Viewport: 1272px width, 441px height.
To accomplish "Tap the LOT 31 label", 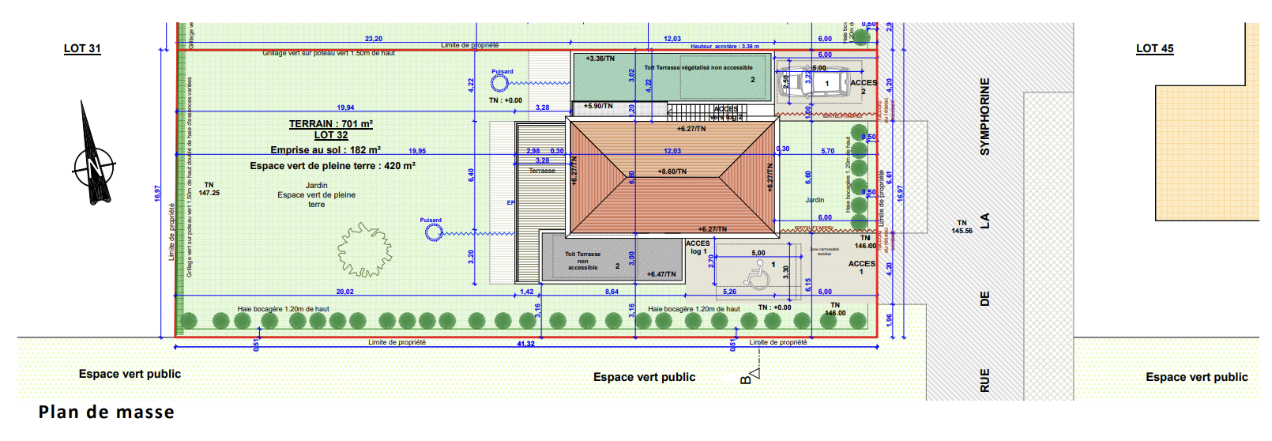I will pyautogui.click(x=82, y=48).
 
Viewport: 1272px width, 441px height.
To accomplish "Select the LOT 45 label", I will pyautogui.click(x=1154, y=48).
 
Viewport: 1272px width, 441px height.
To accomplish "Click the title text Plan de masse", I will pyautogui.click(x=106, y=412).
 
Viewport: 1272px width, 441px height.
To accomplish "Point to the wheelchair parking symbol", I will pyautogui.click(x=758, y=274).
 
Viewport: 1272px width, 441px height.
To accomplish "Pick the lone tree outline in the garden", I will pyautogui.click(x=364, y=250).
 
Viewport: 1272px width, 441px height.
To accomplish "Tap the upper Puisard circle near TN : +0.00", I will pyautogui.click(x=499, y=83).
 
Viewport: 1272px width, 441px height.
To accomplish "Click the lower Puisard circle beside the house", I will pyautogui.click(x=433, y=232).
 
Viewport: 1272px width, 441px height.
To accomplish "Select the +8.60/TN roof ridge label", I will pyautogui.click(x=672, y=171).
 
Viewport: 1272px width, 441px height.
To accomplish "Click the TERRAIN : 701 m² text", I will pyautogui.click(x=330, y=124).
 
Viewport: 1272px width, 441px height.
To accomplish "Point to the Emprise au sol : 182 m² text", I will pyautogui.click(x=326, y=150).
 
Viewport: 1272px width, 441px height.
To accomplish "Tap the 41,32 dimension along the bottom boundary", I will pyautogui.click(x=525, y=344).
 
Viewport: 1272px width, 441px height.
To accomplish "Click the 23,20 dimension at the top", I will pyautogui.click(x=374, y=39).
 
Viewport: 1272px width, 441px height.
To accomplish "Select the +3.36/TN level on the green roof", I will pyautogui.click(x=600, y=58).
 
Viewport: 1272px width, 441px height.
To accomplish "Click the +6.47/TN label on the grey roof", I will pyautogui.click(x=661, y=274).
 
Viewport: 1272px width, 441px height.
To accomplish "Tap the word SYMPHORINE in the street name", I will pyautogui.click(x=984, y=116).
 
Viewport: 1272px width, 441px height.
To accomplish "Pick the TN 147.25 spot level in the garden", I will pyautogui.click(x=209, y=189).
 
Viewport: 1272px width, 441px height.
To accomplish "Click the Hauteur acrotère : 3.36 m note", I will pyautogui.click(x=724, y=47).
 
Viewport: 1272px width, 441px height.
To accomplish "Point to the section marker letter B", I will pyautogui.click(x=746, y=380).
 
